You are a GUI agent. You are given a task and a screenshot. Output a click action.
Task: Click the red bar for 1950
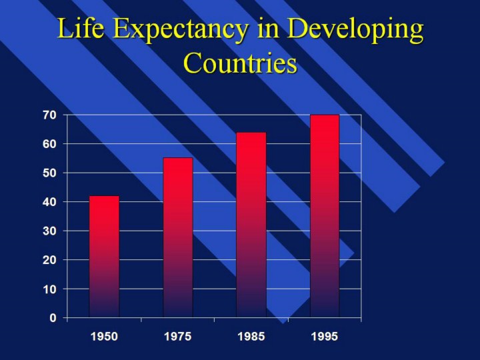click(104, 257)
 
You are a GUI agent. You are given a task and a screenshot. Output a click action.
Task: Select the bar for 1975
click(178, 237)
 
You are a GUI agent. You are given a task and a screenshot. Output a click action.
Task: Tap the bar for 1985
click(251, 225)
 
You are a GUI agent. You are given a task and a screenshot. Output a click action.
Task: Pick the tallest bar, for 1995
click(325, 216)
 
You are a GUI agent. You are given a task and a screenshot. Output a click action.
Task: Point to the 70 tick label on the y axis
click(49, 115)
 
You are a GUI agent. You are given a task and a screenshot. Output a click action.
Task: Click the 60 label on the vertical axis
click(49, 144)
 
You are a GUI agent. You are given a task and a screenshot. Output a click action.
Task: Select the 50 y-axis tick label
click(49, 173)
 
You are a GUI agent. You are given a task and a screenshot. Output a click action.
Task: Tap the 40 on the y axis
click(49, 202)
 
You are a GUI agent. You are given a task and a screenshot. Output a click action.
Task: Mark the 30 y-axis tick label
click(49, 231)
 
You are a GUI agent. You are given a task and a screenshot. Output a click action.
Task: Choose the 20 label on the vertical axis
click(49, 260)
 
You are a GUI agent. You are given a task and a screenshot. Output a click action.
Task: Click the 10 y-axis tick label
click(49, 289)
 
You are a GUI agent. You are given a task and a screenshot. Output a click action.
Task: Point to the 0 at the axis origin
click(53, 318)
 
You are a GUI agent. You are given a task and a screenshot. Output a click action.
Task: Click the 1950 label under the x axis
click(104, 337)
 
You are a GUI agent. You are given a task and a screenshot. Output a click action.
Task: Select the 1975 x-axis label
click(178, 337)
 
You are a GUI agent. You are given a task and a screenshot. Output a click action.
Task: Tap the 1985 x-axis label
click(251, 337)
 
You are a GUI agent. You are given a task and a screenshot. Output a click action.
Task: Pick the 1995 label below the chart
click(325, 337)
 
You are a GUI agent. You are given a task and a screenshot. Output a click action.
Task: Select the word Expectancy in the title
click(180, 30)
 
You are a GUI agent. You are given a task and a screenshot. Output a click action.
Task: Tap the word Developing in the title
click(355, 30)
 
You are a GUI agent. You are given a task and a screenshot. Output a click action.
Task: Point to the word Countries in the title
click(240, 63)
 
